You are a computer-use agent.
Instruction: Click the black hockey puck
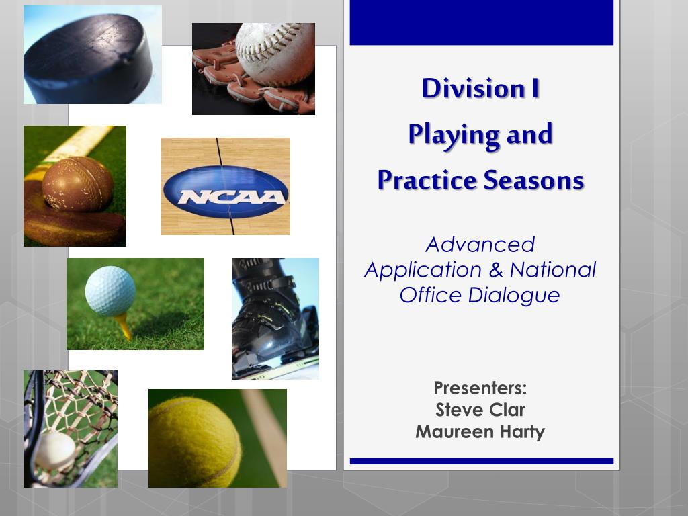[88, 58]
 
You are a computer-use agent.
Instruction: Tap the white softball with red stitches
[275, 54]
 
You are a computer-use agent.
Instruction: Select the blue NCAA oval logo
[226, 191]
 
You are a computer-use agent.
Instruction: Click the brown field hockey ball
[78, 184]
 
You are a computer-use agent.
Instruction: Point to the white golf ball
[110, 291]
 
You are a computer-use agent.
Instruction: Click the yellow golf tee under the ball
[123, 327]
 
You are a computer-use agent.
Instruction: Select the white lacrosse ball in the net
[55, 451]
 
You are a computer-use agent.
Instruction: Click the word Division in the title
[474, 88]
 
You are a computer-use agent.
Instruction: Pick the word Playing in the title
[454, 135]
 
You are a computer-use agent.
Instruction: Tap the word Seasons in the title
[533, 180]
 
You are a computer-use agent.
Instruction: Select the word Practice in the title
[427, 180]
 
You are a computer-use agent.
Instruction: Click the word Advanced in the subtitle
[480, 245]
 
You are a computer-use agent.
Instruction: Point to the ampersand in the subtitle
[496, 270]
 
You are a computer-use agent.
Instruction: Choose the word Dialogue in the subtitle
[514, 296]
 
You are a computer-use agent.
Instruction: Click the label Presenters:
[480, 388]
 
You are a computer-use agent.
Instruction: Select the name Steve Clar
[480, 410]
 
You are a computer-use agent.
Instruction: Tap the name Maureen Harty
[480, 432]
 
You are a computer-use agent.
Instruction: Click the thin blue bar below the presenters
[481, 461]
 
